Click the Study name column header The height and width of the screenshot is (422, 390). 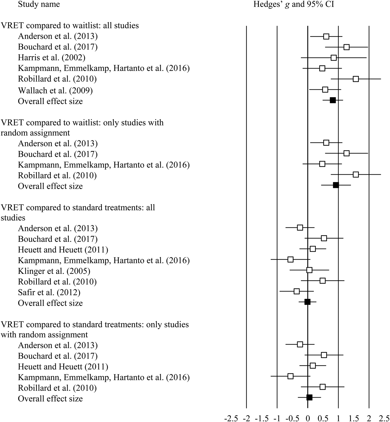(x=39, y=4)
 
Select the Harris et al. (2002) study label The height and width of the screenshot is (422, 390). (x=52, y=57)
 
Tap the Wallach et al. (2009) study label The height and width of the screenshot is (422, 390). (x=55, y=90)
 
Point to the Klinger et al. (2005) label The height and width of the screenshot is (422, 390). (x=54, y=271)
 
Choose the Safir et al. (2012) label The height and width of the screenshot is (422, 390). (x=49, y=292)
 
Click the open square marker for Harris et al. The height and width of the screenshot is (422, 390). (x=333, y=58)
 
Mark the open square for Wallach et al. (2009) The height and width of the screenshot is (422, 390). (x=325, y=90)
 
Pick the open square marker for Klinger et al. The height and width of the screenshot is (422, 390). (x=309, y=270)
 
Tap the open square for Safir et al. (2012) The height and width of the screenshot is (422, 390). (x=297, y=291)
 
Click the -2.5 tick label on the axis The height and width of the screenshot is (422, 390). (x=231, y=418)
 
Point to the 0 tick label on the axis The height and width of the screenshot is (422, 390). (x=308, y=418)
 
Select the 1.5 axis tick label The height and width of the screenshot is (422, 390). (x=354, y=418)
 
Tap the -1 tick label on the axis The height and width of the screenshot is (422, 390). (x=277, y=418)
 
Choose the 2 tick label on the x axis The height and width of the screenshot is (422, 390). (x=369, y=418)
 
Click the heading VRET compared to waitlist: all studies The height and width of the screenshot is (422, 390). (x=70, y=25)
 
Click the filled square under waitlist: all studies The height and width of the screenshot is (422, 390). (x=333, y=100)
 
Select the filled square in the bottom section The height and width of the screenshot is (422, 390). (x=309, y=398)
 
